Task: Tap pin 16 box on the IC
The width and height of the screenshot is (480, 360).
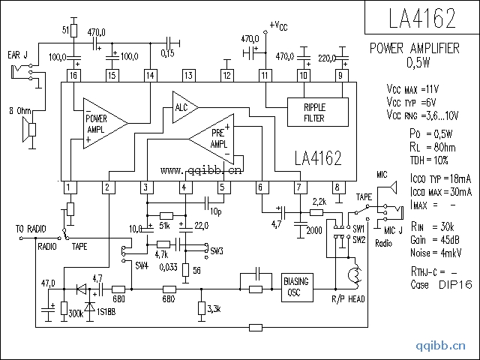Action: click(73, 75)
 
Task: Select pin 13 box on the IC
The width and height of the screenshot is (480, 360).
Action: click(188, 75)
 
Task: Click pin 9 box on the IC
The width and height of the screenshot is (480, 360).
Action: click(341, 75)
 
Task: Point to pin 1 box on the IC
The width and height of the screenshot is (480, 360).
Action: click(68, 187)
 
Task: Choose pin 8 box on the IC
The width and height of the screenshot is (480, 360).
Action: click(337, 187)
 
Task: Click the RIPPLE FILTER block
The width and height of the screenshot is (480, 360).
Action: click(314, 112)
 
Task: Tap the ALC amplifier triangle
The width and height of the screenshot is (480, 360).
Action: click(182, 106)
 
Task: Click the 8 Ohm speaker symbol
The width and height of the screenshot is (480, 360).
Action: click(29, 131)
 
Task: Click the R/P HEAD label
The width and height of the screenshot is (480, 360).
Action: click(348, 298)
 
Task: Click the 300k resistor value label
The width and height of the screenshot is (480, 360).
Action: click(75, 313)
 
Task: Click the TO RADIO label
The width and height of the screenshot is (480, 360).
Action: click(31, 229)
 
